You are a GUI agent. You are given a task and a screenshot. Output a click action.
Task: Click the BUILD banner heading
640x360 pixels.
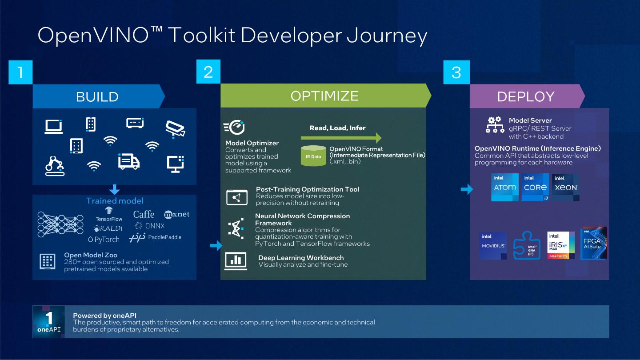[97, 96]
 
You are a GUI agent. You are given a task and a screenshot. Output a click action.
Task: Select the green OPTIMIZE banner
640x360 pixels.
[324, 96]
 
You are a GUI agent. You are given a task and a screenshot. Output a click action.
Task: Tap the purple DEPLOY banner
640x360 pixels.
[526, 96]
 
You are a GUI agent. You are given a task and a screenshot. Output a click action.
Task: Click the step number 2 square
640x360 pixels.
[208, 72]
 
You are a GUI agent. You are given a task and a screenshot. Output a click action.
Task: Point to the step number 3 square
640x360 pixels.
[456, 72]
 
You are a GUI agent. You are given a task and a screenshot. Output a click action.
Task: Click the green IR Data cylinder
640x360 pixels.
[313, 156]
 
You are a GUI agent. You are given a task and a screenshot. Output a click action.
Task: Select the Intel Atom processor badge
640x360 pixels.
[505, 188]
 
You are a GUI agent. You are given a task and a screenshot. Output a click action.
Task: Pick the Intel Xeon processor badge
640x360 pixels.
[566, 188]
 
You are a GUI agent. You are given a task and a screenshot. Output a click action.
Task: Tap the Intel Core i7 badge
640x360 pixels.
[536, 188]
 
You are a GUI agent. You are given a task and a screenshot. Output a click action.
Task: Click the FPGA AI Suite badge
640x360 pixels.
[593, 243]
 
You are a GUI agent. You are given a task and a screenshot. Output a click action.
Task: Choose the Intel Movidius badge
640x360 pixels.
[493, 245]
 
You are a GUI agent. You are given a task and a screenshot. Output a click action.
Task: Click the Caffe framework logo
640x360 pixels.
[144, 214]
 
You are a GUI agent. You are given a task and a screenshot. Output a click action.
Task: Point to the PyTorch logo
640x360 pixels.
[104, 240]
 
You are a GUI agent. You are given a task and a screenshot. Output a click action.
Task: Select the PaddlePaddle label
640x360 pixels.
[164, 237]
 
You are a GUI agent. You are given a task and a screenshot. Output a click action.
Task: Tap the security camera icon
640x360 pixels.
[175, 128]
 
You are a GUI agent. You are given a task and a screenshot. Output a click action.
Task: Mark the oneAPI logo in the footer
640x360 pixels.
[49, 322]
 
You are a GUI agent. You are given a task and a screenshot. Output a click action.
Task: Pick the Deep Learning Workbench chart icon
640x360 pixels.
[236, 261]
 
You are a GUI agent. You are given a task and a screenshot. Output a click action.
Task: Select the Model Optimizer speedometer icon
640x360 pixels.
[234, 128]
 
